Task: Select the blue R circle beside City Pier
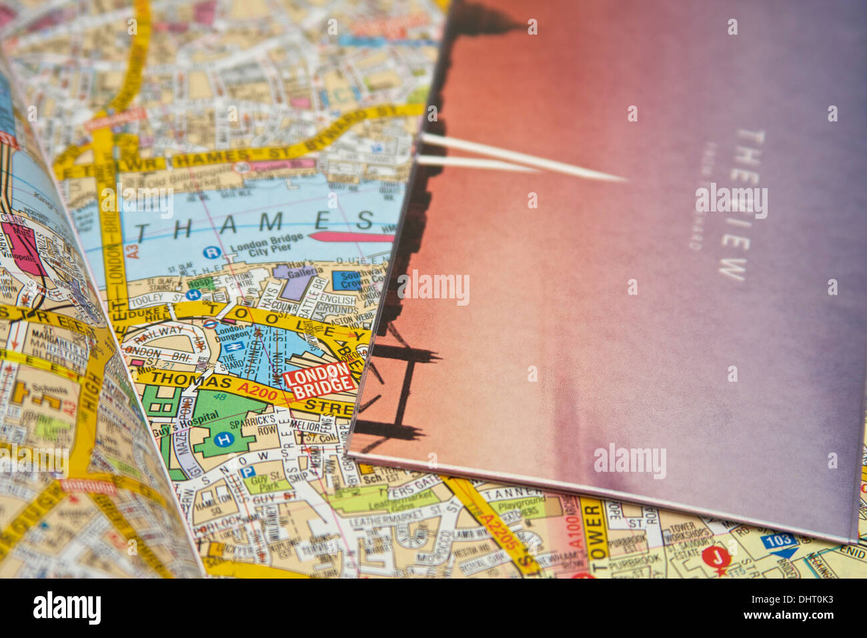point(211,252)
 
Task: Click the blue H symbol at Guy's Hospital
point(225,439)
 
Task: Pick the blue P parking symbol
point(247,472)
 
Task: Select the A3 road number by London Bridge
point(133,250)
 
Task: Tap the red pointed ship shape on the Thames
point(350,237)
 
